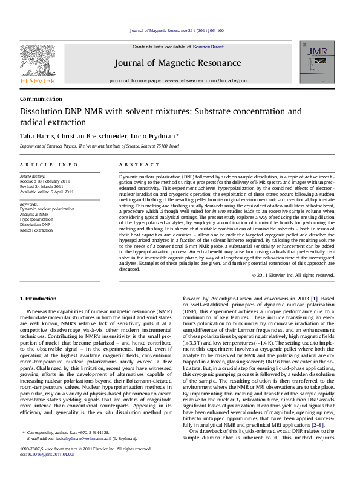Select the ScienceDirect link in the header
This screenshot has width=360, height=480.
(209, 47)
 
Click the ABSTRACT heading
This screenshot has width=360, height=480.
(134, 164)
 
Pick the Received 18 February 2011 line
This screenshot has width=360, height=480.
(46, 181)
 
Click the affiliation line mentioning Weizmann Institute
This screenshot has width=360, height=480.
(100, 146)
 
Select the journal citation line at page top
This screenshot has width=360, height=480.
(180, 30)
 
